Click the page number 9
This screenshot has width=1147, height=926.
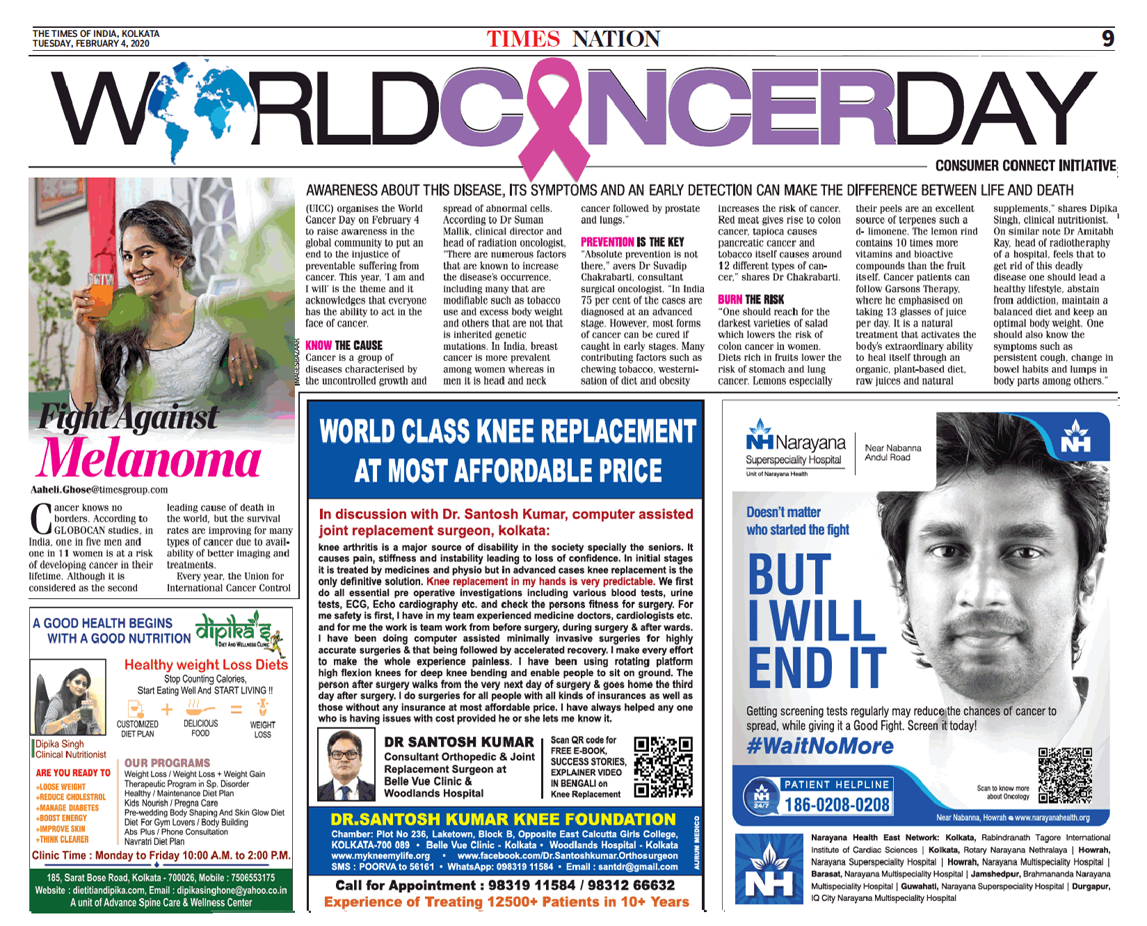pyautogui.click(x=1108, y=38)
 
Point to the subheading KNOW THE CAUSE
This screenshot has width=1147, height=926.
pyautogui.click(x=344, y=345)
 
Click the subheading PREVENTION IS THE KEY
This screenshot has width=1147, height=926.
pyautogui.click(x=632, y=242)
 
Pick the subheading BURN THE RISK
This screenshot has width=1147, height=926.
pyautogui.click(x=751, y=299)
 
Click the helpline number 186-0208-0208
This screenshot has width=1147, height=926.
pyautogui.click(x=837, y=805)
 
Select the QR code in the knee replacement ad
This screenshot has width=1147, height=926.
pyautogui.click(x=663, y=767)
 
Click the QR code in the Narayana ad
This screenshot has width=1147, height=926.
pyautogui.click(x=1065, y=775)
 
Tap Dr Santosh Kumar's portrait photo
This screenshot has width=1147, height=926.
pyautogui.click(x=346, y=765)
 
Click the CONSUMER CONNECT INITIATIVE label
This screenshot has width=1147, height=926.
pyautogui.click(x=1025, y=166)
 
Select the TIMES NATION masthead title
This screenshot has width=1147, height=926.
pyautogui.click(x=573, y=39)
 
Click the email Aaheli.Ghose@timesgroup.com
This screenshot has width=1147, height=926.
pyautogui.click(x=99, y=490)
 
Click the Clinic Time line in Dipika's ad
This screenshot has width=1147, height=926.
pyautogui.click(x=161, y=856)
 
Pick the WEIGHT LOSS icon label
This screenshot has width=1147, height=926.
pyautogui.click(x=262, y=729)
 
